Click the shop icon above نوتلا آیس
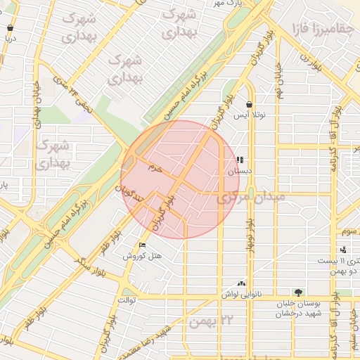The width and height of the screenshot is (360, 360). point(249,104)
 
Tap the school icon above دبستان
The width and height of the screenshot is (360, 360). point(240,160)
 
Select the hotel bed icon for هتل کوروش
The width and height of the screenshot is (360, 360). point(143,245)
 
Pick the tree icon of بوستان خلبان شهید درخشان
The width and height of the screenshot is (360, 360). point(298,292)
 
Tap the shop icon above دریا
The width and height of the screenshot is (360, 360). point(10,29)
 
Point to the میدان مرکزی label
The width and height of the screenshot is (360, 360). point(251,198)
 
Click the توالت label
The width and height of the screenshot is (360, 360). point(126,300)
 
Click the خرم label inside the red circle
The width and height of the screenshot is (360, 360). point(155,169)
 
